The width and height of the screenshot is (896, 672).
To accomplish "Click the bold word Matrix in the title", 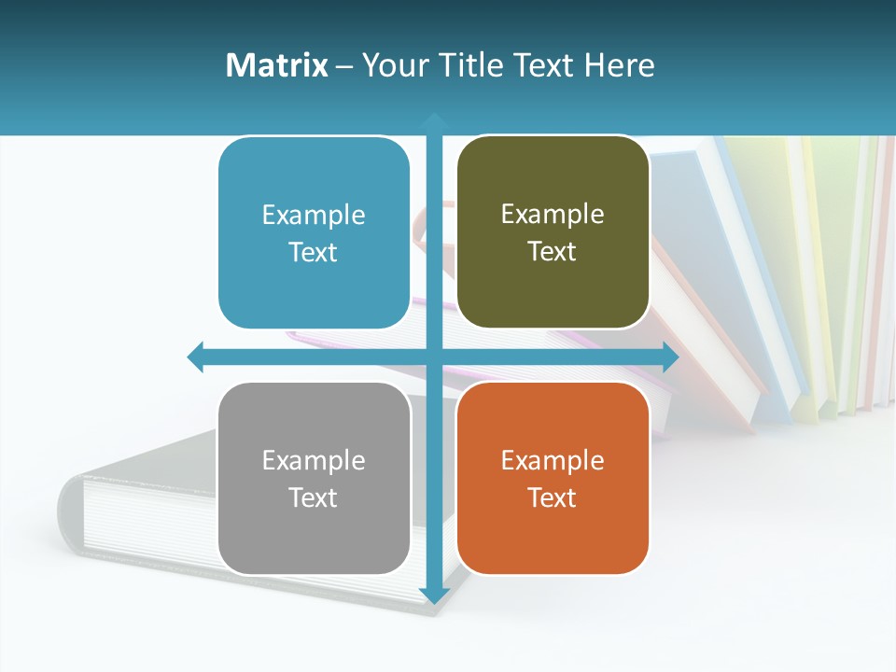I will coord(276,65).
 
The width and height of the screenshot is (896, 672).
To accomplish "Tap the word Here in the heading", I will coord(620,65).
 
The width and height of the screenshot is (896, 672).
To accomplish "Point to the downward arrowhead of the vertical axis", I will coord(434,595).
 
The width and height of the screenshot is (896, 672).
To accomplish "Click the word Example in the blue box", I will coord(314,216).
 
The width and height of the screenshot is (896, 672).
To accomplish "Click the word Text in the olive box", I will coord(553,252).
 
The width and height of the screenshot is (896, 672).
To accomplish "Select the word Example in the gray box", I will coord(314,460).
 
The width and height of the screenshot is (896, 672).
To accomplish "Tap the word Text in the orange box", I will coord(553,497).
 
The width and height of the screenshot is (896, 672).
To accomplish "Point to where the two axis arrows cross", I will coord(434,357).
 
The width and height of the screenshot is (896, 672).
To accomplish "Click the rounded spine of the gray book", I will coord(71,513).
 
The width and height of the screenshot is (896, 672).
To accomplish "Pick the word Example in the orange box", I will coord(553,460).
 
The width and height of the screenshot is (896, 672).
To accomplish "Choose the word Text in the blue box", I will coord(314,253).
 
